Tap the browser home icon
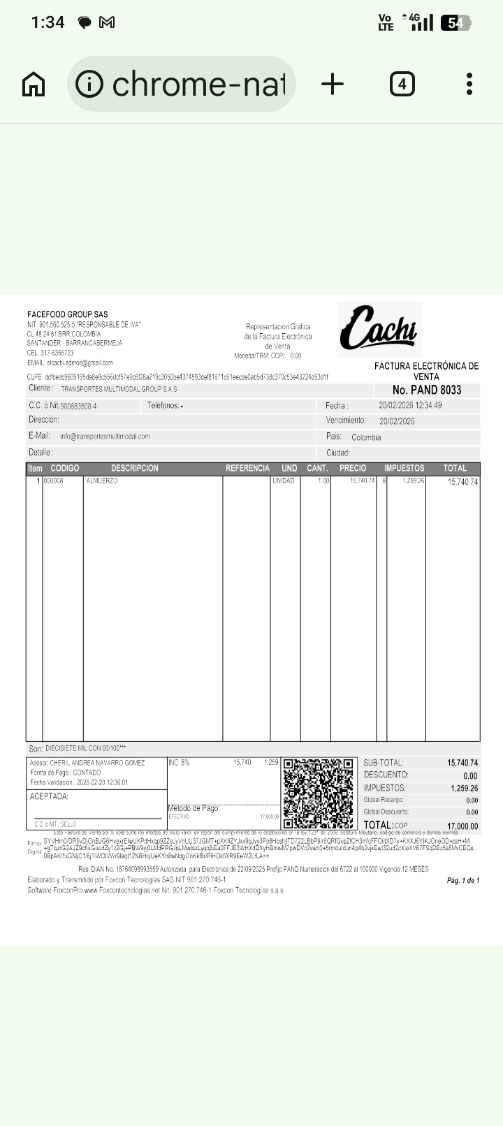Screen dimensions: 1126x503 [34, 85]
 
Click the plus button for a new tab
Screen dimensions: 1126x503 [333, 85]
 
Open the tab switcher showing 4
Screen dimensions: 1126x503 [402, 85]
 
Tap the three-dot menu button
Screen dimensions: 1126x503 [469, 85]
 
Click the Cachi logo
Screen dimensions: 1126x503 [379, 329]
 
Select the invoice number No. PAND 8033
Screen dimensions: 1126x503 [427, 390]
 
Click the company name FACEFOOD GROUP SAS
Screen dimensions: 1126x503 [68, 314]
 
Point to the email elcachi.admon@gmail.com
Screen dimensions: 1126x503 [80, 363]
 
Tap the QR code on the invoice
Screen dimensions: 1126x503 [319, 793]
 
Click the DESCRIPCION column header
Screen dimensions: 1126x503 [134, 468]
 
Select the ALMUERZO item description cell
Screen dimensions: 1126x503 [102, 481]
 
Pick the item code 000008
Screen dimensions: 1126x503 [54, 481]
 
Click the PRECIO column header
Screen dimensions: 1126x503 [353, 468]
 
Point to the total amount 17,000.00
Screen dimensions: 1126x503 [462, 826]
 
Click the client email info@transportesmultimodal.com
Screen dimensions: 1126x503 [105, 437]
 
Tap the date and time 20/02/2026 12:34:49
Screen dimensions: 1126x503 [410, 405]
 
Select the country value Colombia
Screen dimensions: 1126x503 [366, 437]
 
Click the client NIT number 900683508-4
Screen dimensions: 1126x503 [78, 406]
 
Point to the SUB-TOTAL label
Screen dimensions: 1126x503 [384, 763]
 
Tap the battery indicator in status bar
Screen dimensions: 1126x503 [455, 23]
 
